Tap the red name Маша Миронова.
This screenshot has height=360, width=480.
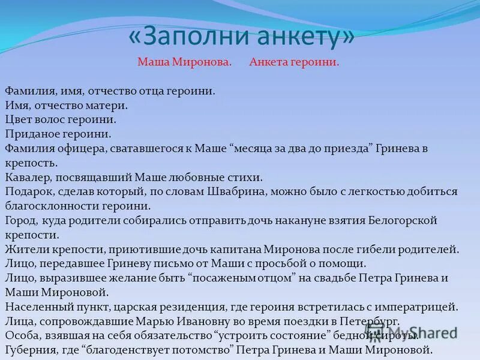tap(184, 62)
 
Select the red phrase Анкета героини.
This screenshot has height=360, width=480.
tap(294, 62)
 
